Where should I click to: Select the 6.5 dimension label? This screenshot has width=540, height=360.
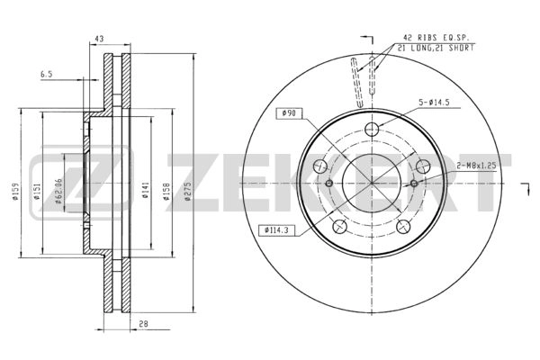(x=46, y=76)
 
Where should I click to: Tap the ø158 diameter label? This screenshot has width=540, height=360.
(x=166, y=193)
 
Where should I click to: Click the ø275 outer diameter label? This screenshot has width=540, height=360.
(x=188, y=193)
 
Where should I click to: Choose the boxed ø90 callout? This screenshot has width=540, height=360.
(x=289, y=112)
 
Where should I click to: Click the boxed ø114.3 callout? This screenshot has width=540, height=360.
(x=279, y=229)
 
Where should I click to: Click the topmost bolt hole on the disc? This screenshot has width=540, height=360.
(x=372, y=128)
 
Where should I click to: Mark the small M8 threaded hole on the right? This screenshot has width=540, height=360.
(x=414, y=183)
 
